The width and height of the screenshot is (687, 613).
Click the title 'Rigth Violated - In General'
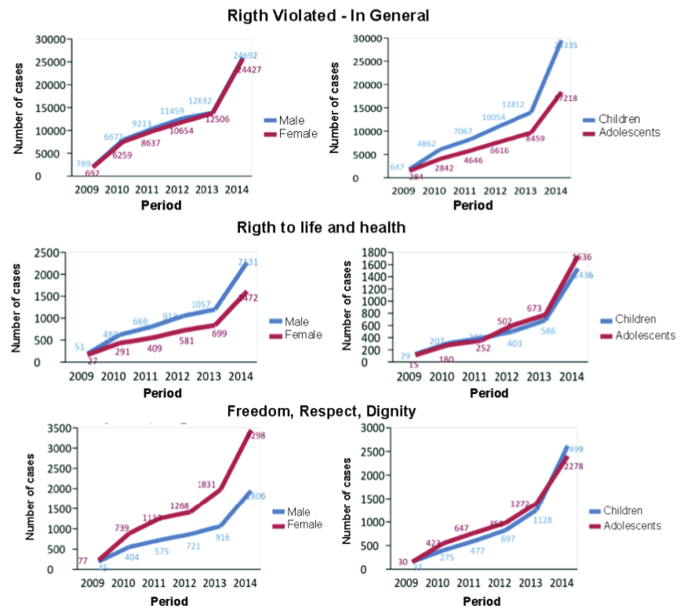[x=328, y=15]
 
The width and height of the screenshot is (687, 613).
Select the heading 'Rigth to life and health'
[x=321, y=228]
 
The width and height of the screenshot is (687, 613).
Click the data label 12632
[x=199, y=100]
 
